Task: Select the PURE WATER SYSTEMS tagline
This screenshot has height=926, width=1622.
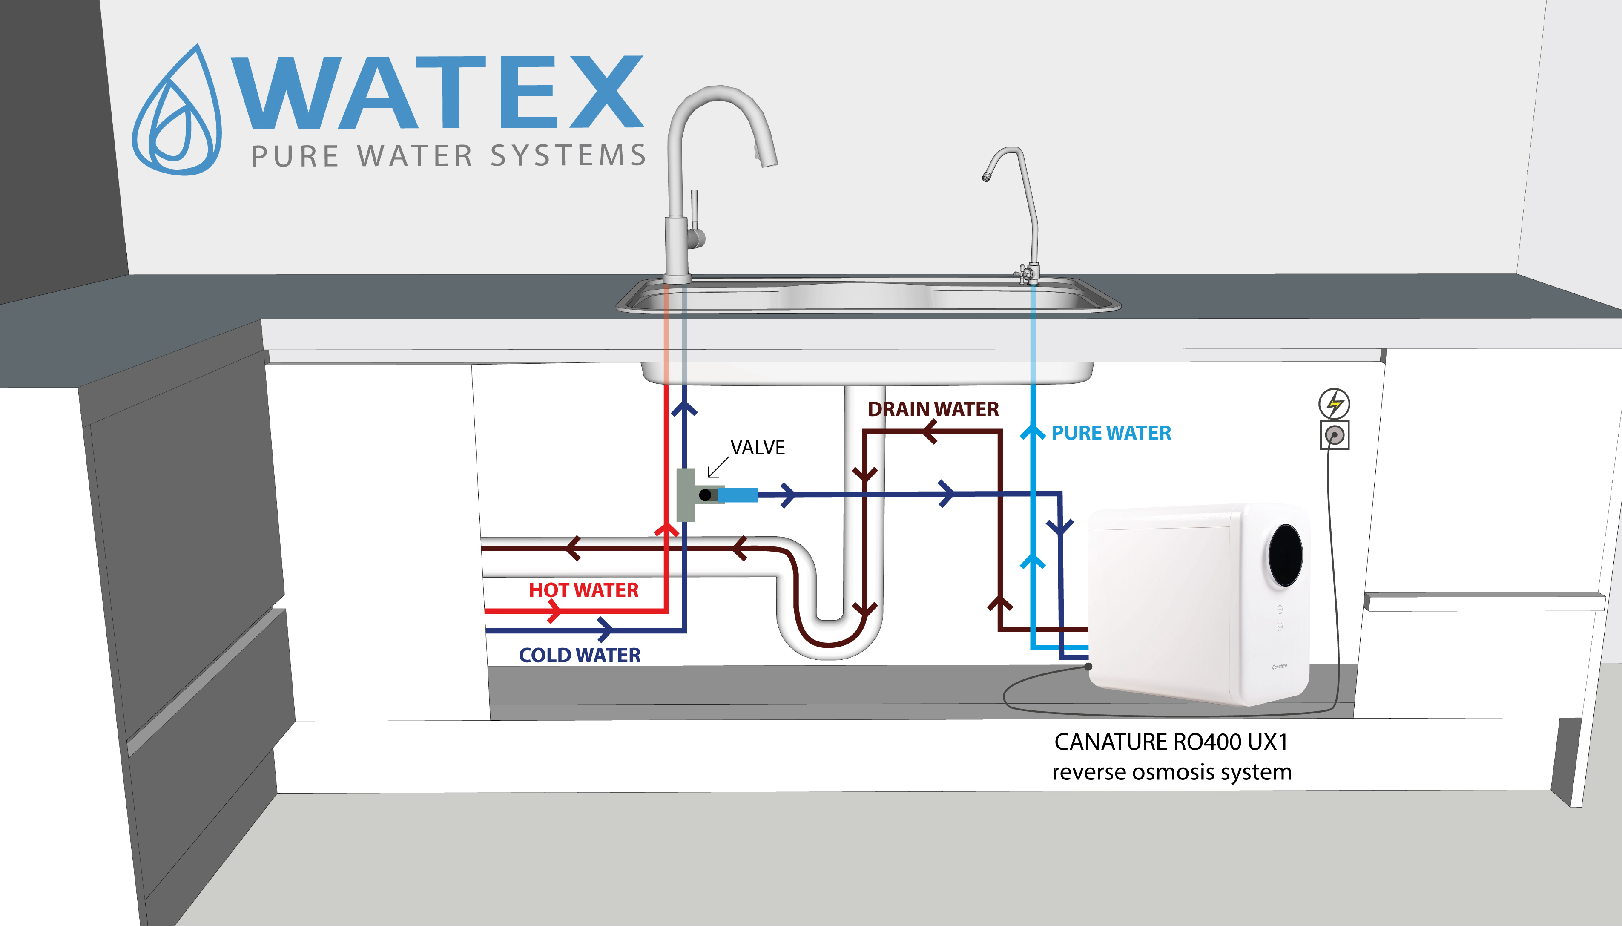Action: [448, 156]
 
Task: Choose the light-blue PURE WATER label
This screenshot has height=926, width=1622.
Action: [1111, 433]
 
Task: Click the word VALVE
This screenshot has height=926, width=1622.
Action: [757, 448]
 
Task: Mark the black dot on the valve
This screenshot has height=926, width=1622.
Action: [704, 495]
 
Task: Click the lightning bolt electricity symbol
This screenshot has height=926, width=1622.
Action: [1334, 403]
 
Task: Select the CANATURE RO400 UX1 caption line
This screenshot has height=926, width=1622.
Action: [1171, 742]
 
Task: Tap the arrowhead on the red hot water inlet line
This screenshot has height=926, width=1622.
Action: [554, 611]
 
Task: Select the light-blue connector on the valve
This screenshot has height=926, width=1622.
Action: [738, 495]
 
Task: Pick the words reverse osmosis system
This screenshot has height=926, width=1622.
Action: [1171, 772]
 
